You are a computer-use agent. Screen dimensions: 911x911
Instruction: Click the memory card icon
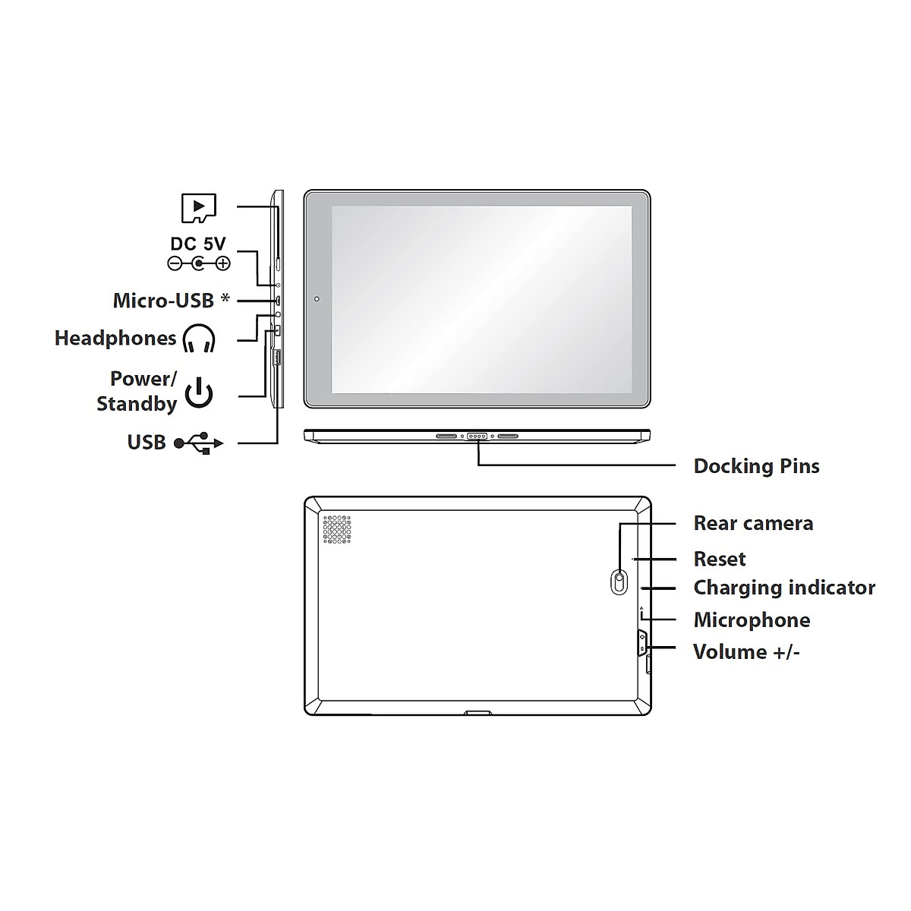click(x=199, y=207)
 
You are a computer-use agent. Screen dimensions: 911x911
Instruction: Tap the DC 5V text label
click(x=198, y=244)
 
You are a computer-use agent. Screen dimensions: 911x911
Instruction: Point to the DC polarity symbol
click(x=198, y=263)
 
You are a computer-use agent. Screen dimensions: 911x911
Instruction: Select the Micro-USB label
click(x=163, y=301)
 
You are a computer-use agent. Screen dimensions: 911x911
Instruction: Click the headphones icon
click(x=199, y=339)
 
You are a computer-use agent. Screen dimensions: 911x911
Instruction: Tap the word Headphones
click(x=115, y=339)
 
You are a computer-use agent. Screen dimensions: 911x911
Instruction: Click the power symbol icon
click(x=199, y=392)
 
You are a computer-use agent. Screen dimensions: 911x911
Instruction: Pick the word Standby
click(x=137, y=403)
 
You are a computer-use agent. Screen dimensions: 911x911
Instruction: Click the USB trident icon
click(x=198, y=443)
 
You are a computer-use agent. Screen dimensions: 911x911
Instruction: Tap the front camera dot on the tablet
click(x=317, y=298)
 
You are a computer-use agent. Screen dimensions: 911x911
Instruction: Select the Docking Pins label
click(x=756, y=466)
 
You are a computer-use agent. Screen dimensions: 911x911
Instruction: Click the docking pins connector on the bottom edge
click(x=478, y=437)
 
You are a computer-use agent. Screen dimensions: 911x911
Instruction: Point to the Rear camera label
click(x=753, y=523)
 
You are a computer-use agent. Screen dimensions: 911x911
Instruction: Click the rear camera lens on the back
click(x=620, y=582)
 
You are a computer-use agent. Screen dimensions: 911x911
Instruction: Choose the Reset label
click(x=720, y=560)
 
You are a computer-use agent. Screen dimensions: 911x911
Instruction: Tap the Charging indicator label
click(x=784, y=588)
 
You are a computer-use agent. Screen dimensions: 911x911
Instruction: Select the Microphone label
click(x=752, y=620)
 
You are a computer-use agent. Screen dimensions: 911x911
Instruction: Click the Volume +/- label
click(x=746, y=652)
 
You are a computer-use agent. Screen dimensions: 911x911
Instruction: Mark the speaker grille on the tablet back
click(x=338, y=530)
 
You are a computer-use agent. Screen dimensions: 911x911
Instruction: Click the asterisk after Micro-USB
click(x=225, y=298)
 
